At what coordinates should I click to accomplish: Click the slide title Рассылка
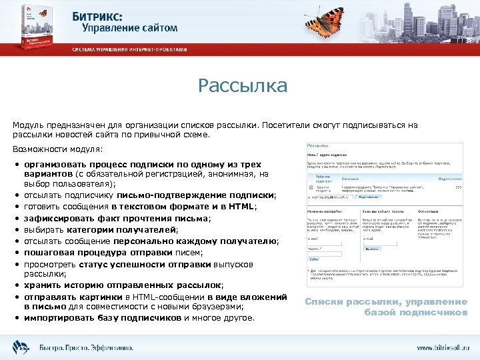pyautogui.click(x=243, y=86)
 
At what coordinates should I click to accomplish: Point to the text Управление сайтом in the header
pyautogui.click(x=130, y=27)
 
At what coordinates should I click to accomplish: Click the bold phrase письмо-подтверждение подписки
pyautogui.click(x=195, y=195)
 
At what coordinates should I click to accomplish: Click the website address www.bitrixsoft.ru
pyautogui.click(x=443, y=348)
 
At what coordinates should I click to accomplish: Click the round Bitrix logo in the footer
pyautogui.click(x=19, y=347)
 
